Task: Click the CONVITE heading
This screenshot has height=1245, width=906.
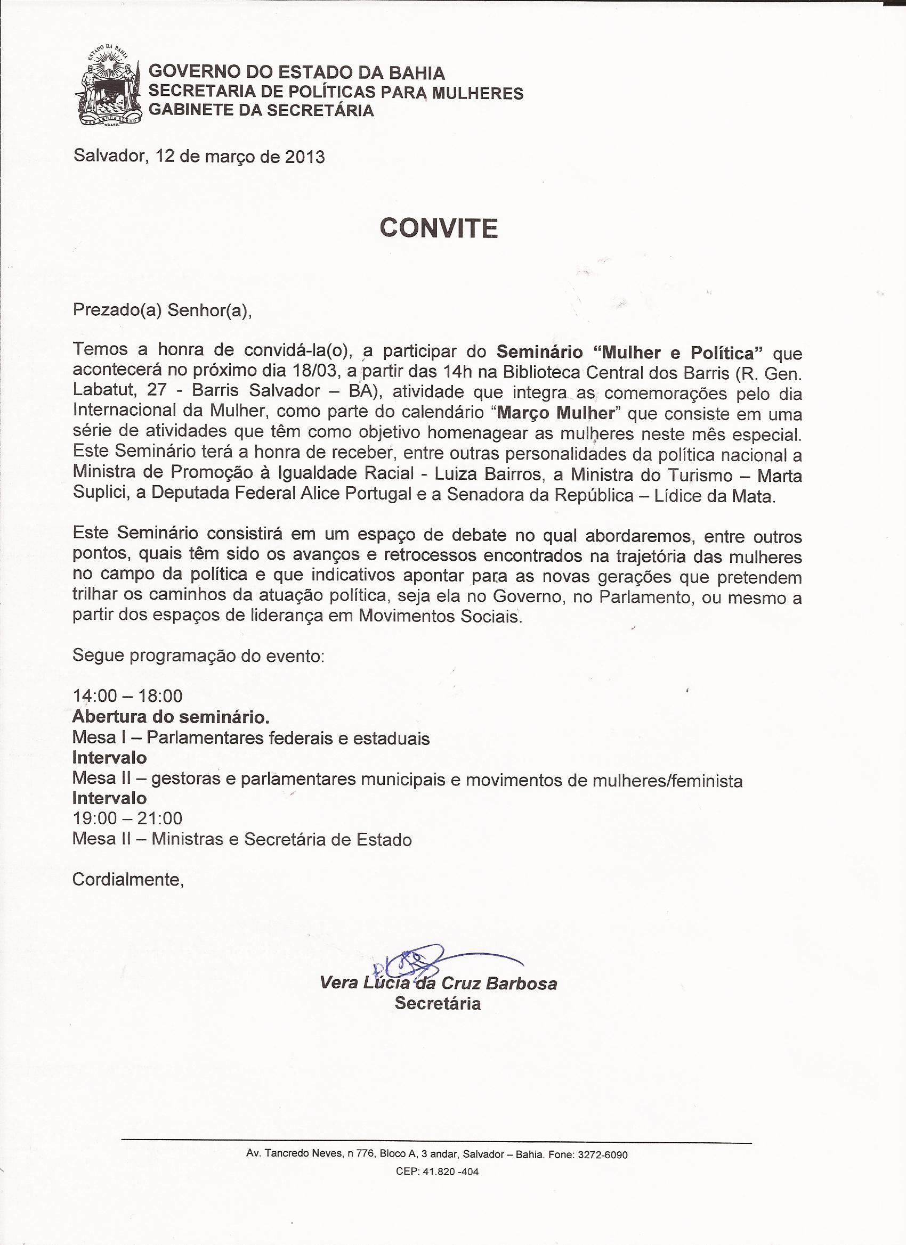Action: point(439,228)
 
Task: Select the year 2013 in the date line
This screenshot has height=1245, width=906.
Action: point(304,157)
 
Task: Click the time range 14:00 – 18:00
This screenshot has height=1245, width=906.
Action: point(127,696)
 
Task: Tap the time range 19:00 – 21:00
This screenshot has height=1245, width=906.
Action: point(127,818)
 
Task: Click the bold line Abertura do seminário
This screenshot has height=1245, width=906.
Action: point(171,717)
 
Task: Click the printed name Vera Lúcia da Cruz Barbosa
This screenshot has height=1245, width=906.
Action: point(438,983)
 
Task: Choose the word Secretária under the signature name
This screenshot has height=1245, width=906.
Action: point(438,1003)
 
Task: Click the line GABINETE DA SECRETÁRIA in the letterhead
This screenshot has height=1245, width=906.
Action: point(262,110)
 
